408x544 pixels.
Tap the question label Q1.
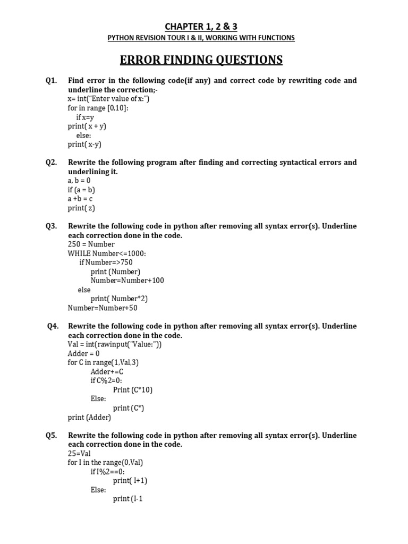coord(52,81)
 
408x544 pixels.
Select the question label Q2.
coord(52,163)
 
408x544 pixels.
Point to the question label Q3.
coord(52,226)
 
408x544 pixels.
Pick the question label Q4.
coord(53,326)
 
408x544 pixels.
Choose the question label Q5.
coord(52,436)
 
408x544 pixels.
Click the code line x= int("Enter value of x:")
coord(108,99)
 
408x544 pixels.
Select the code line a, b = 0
coord(79,181)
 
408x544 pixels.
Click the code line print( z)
coord(81,208)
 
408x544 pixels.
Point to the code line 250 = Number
coord(91,244)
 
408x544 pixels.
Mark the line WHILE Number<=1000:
coord(107,253)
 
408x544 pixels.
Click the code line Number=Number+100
coord(127,280)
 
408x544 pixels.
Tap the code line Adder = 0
coord(83,353)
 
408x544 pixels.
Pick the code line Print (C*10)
coord(133,390)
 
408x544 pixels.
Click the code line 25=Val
coord(79,454)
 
